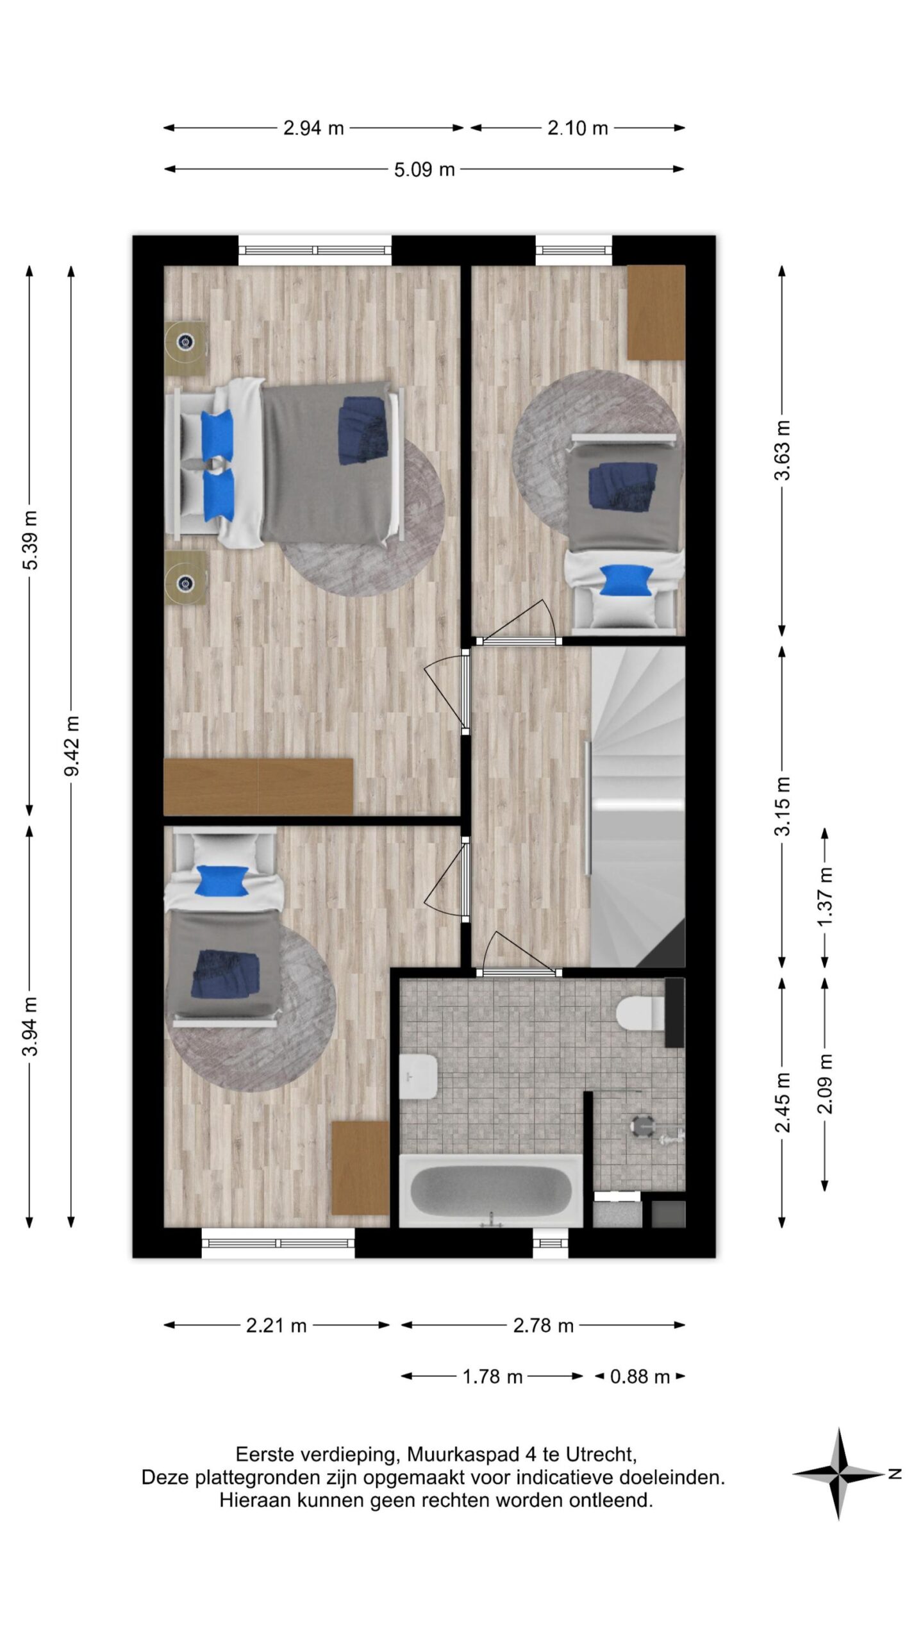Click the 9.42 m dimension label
[x=72, y=746]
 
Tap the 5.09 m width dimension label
[x=424, y=170]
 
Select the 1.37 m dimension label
[x=826, y=896]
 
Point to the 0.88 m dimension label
[x=640, y=1376]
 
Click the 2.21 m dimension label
[x=276, y=1325]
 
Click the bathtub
[x=491, y=1190]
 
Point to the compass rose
[x=838, y=1473]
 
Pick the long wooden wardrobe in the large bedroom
[x=258, y=787]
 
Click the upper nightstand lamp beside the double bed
[x=186, y=342]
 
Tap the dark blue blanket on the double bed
[x=363, y=429]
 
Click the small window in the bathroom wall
[x=551, y=1244]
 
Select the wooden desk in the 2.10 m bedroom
[x=656, y=312]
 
